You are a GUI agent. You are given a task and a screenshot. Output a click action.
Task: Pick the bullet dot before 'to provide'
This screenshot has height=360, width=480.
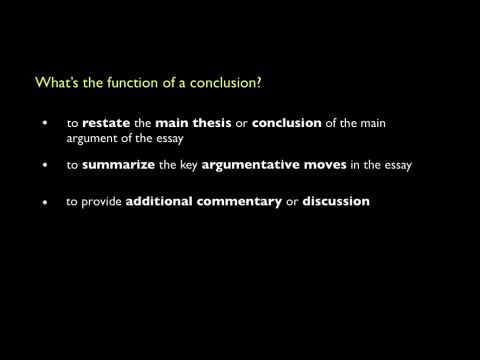pyautogui.click(x=44, y=202)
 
